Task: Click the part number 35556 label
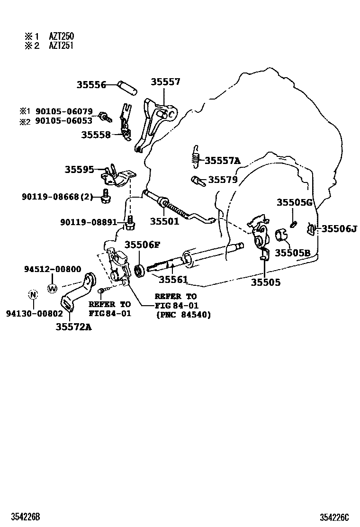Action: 91,85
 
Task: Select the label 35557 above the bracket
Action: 165,82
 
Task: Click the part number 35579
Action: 223,180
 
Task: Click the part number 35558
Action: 95,135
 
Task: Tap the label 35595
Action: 80,169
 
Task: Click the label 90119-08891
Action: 91,222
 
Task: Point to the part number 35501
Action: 165,221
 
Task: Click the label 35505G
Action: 294,203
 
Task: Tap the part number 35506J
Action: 339,229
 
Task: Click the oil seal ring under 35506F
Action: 139,271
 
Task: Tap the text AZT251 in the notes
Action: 61,45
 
